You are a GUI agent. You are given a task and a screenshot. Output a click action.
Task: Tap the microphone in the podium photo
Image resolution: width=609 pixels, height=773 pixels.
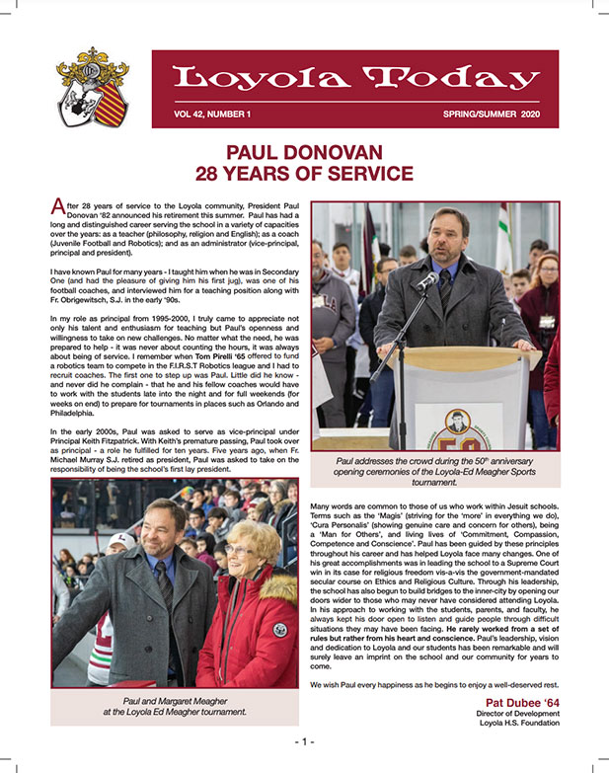tap(426, 281)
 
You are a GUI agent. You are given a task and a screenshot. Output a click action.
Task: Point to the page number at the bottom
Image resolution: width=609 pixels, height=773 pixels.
tap(303, 740)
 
